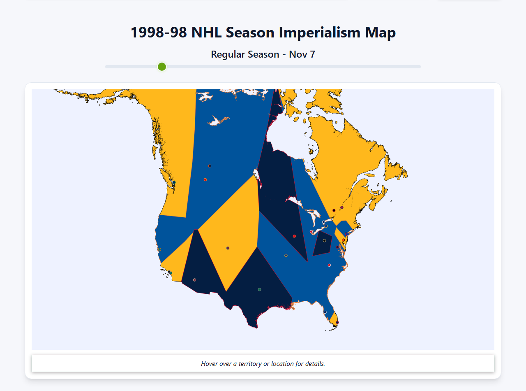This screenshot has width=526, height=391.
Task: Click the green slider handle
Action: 162,67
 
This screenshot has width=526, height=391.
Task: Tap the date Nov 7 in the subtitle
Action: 302,54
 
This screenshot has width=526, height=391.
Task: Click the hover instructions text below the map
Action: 263,364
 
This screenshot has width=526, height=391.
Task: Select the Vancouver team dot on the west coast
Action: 174,182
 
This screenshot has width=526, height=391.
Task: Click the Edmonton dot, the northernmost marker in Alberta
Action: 210,166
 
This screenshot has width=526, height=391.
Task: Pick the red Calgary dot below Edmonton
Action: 205,179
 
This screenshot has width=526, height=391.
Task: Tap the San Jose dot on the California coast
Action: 159,249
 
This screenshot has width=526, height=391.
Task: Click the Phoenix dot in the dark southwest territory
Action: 194,280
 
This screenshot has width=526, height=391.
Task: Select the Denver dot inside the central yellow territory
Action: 228,248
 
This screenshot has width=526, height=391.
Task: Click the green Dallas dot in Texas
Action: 259,289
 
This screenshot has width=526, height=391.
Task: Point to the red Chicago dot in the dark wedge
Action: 294,236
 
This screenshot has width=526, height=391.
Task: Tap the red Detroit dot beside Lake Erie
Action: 311,232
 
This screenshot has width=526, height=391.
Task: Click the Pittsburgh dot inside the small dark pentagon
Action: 324,241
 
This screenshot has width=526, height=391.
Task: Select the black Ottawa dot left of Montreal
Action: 334,210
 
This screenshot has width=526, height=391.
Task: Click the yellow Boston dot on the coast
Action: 355,222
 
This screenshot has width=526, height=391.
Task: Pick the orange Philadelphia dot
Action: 343,240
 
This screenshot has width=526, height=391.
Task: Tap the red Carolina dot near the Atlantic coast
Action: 329,265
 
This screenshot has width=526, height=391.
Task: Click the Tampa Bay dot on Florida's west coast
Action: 325,312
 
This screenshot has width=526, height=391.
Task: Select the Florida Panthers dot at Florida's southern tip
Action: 337,322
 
